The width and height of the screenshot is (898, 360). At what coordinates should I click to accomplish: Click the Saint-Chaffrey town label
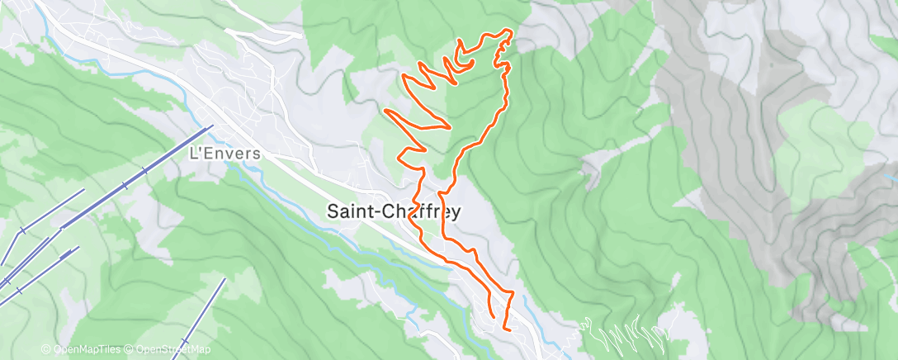394,211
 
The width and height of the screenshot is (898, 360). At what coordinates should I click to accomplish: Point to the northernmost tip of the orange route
507,31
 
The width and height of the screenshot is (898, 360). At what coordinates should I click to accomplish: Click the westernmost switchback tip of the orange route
386,111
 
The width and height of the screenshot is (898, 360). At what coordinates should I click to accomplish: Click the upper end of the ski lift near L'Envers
212,126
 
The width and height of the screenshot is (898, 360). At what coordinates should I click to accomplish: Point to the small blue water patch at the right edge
891,178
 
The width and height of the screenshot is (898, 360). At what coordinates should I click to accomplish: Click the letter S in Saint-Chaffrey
333,211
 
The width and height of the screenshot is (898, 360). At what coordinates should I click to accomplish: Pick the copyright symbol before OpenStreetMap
130,349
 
